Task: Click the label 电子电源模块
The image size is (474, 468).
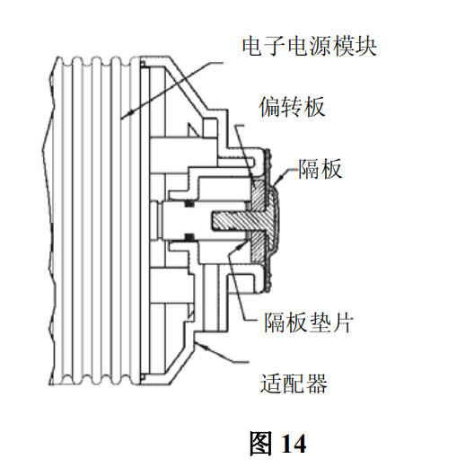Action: [310, 47]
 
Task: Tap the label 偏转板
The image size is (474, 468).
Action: [292, 107]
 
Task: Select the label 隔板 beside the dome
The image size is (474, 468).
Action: [320, 169]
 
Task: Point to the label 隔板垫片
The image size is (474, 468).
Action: [309, 322]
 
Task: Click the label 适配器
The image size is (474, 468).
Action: [294, 384]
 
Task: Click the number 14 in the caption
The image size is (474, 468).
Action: [294, 444]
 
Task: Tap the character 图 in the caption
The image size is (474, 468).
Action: [260, 444]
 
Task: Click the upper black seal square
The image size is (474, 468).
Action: [189, 204]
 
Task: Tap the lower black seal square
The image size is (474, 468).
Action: [189, 236]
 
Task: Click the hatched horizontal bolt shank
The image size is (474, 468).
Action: [233, 220]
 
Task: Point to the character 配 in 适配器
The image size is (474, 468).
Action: [294, 384]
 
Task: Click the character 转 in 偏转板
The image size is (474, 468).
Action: [292, 107]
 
